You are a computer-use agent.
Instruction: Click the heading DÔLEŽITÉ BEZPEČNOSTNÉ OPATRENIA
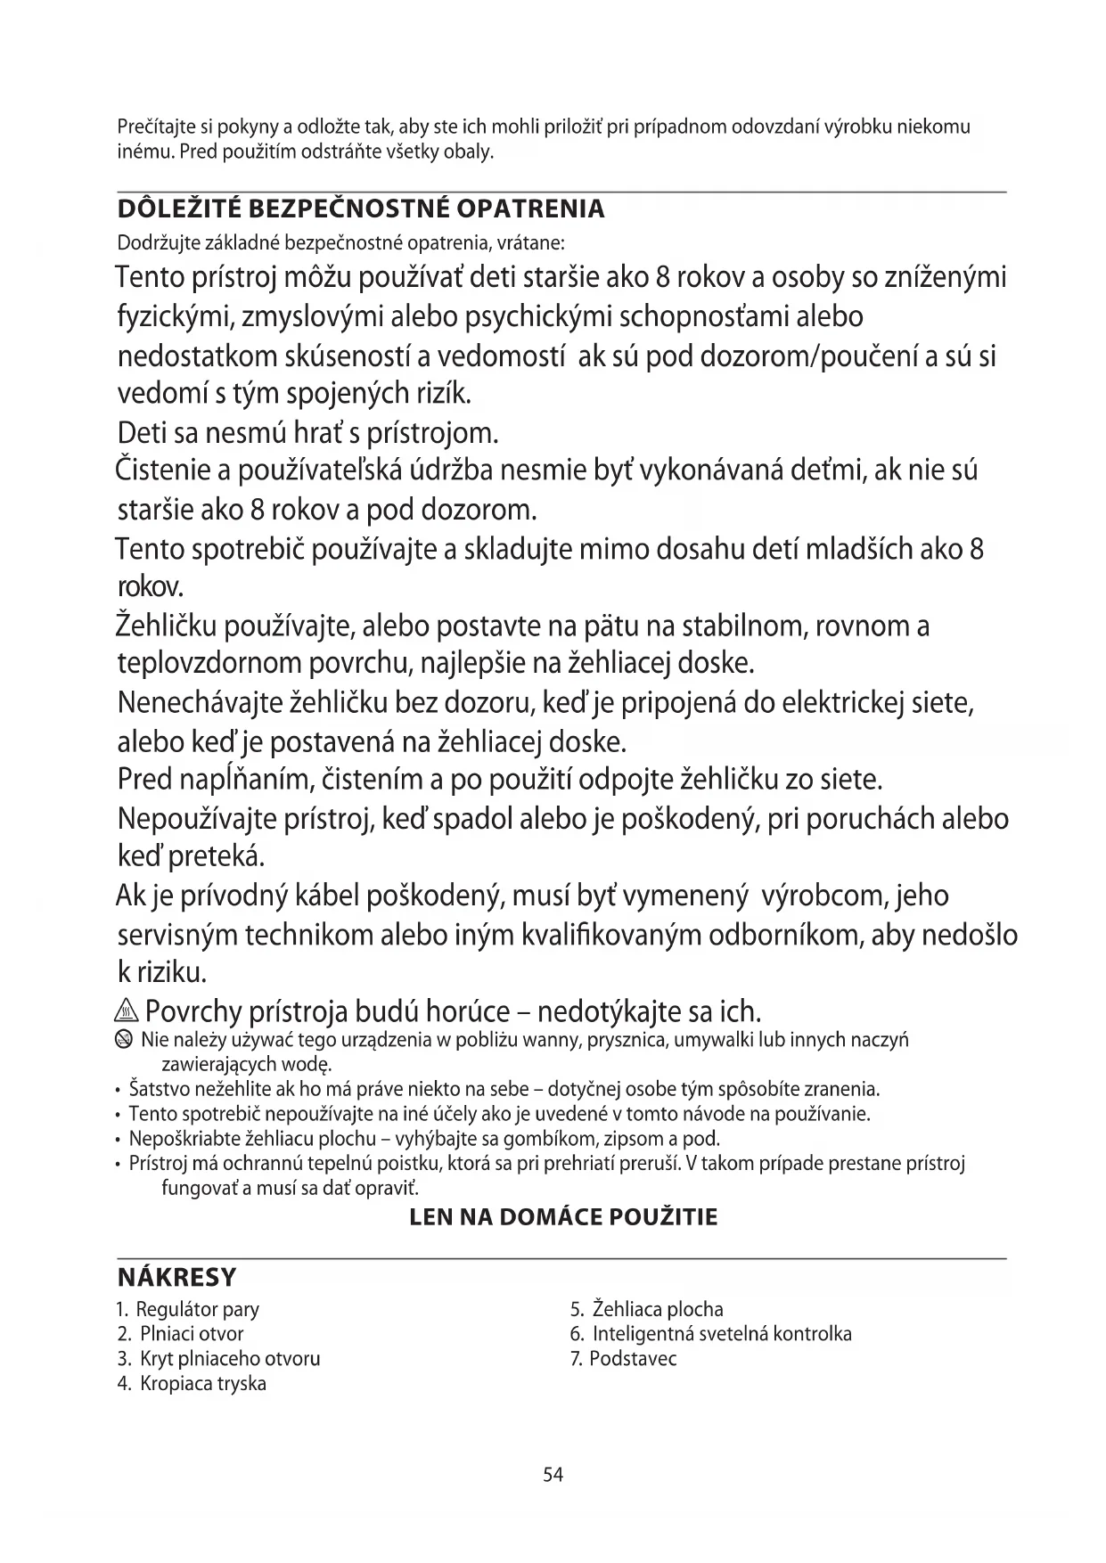(361, 209)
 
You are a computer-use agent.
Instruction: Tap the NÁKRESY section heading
(176, 1277)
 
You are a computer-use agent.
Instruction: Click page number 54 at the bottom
(553, 1475)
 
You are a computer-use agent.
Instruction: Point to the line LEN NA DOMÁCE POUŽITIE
(562, 1217)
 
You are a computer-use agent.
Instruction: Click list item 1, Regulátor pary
(188, 1309)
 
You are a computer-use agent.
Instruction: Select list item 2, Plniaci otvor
(181, 1334)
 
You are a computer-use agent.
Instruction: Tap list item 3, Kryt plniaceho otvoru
(219, 1359)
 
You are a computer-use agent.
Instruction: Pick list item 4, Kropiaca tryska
(193, 1384)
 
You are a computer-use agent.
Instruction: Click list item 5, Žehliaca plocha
(646, 1309)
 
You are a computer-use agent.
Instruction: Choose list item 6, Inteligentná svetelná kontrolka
(710, 1334)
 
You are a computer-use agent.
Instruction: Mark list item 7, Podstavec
(623, 1359)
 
